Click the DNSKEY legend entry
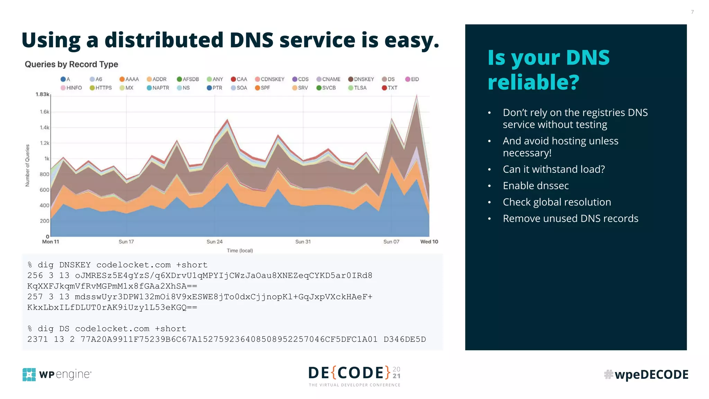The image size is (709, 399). (361, 79)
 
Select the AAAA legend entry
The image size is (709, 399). (129, 79)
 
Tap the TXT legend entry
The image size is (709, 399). (389, 88)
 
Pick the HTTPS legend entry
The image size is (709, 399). (101, 88)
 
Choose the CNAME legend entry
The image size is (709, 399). (329, 79)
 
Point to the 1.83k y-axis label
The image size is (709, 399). (43, 94)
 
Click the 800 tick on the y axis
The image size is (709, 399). (44, 174)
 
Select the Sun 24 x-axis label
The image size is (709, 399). (214, 242)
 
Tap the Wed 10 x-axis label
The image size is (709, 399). (429, 242)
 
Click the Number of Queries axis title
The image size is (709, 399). (27, 166)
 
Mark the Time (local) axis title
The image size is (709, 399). (240, 250)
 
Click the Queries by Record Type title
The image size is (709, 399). (71, 64)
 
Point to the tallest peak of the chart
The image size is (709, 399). (416, 96)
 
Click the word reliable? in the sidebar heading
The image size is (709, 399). (533, 82)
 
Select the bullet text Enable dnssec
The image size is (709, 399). (536, 186)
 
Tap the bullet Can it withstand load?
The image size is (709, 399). (554, 169)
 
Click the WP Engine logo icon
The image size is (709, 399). (29, 374)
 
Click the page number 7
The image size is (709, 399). (692, 12)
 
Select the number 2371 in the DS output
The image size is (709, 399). (37, 339)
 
